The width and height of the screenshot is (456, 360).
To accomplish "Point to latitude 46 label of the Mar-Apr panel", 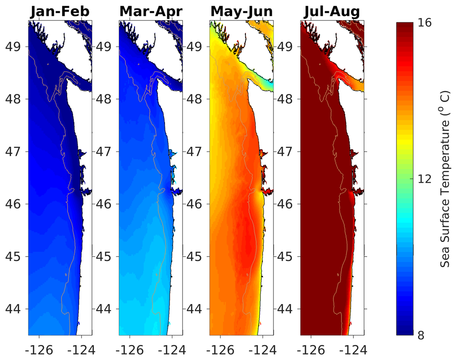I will tap(107, 204).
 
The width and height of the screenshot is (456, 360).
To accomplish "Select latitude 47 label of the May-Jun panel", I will tap(197, 151).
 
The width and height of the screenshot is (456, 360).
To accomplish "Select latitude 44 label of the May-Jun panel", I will tap(197, 309).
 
